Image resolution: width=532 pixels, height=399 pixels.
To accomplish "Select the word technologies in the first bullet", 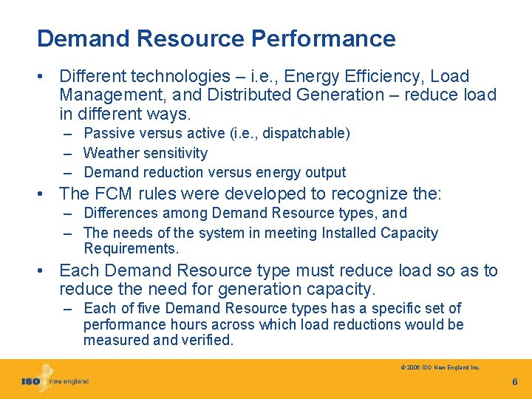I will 186,76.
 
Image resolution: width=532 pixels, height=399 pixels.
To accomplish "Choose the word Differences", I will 121,214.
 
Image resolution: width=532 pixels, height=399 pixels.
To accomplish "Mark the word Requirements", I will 131,249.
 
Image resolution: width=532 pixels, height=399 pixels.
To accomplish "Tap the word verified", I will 208,341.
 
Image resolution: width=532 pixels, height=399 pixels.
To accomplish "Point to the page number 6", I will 515,382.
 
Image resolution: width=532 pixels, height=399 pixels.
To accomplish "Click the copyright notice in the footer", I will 440,366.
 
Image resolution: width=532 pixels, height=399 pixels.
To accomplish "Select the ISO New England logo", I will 55,380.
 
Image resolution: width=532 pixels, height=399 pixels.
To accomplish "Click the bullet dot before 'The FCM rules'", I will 47,194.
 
